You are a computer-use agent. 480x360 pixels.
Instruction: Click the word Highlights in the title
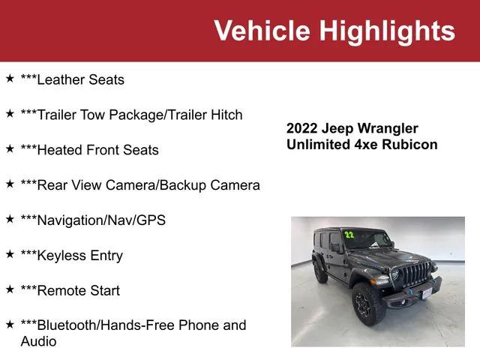pos(388,31)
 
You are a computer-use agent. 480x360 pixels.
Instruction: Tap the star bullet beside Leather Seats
pos(10,78)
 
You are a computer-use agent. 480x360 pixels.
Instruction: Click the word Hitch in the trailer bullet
pos(226,115)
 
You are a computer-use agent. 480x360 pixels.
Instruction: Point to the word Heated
pos(59,150)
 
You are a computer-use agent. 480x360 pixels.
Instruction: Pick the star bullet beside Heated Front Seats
pos(10,148)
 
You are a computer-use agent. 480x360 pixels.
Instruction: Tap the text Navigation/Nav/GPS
pos(93,220)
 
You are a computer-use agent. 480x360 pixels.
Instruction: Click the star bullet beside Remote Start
pos(10,289)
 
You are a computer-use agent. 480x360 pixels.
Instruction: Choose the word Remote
pos(60,290)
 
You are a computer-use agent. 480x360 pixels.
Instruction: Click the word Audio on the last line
pos(38,341)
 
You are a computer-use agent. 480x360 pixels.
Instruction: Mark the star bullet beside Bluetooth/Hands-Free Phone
pos(10,324)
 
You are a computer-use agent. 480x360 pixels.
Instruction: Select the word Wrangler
pos(389,128)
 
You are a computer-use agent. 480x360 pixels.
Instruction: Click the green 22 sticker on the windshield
pos(349,235)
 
